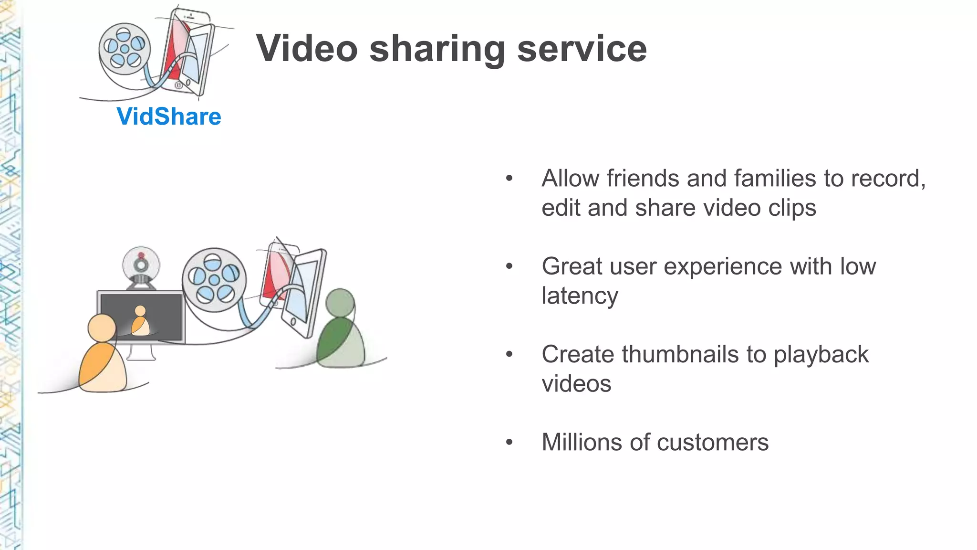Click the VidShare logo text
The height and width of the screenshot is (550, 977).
169,116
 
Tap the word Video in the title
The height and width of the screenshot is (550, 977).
307,49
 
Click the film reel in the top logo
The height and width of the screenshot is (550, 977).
125,49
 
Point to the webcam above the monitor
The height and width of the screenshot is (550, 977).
141,265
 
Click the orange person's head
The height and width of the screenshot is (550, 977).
102,328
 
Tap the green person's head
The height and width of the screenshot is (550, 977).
340,302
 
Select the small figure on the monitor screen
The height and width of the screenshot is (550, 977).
140,321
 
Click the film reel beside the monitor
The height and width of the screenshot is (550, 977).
214,280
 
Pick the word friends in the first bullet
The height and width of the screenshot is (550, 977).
643,179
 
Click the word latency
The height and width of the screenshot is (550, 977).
580,296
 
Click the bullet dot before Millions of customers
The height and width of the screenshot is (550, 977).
509,442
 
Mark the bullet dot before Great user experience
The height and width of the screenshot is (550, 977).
509,266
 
